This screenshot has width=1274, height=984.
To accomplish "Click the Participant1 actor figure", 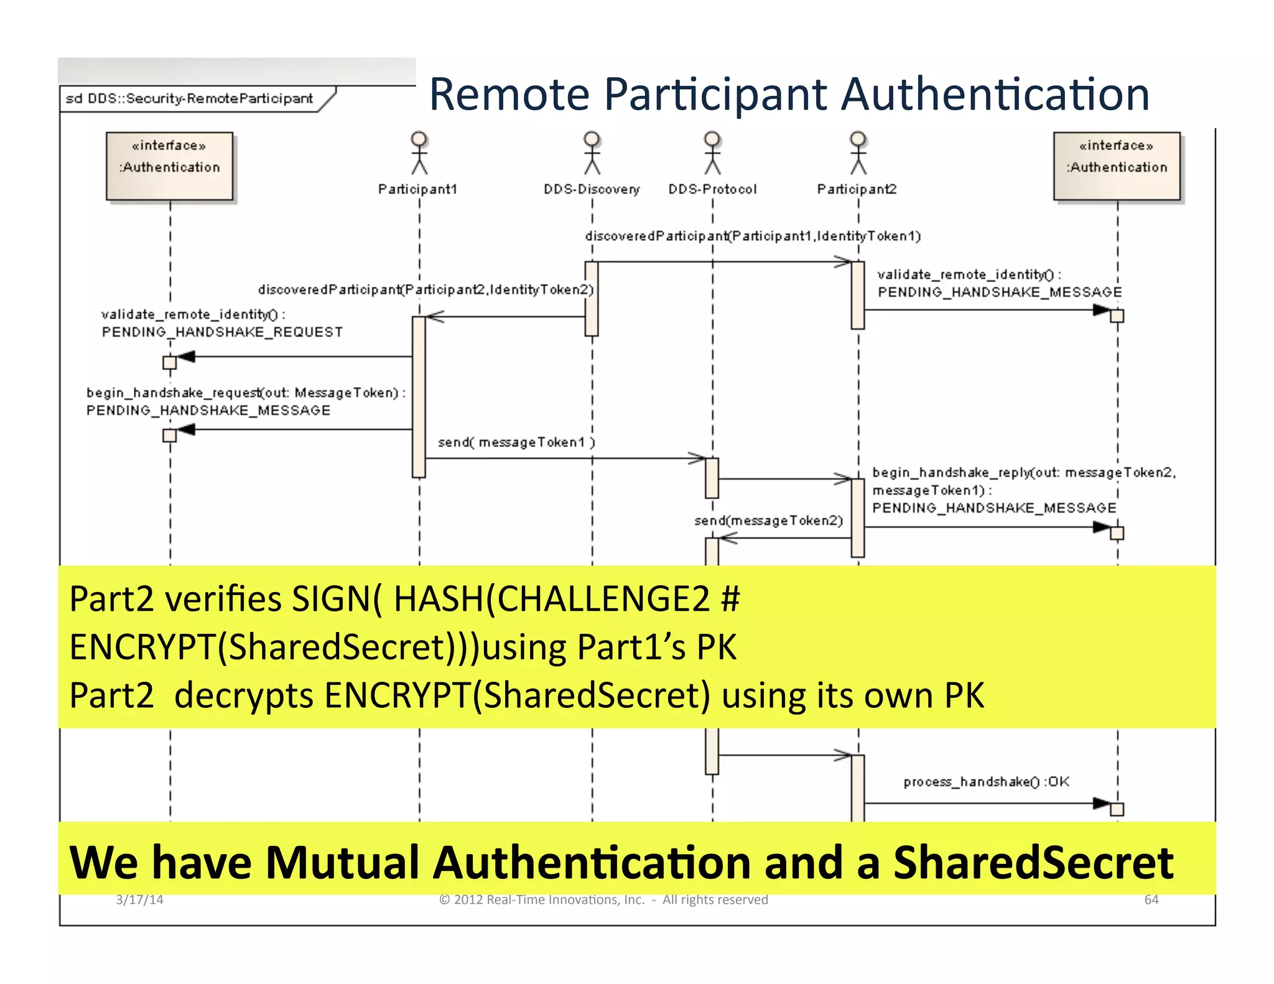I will [x=419, y=153].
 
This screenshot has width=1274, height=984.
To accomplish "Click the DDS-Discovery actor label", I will [x=591, y=189].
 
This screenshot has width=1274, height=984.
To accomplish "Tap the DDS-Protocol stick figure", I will [x=712, y=153].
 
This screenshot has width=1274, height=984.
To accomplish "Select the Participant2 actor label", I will [x=857, y=189].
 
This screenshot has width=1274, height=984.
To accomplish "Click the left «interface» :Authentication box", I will [x=170, y=166].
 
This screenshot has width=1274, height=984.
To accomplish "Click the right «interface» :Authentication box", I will [x=1117, y=166].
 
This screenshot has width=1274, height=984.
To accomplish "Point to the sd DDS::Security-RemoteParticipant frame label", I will [x=189, y=99].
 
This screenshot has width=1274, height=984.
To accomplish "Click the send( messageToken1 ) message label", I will [x=516, y=442].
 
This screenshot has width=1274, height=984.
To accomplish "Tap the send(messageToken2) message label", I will [x=768, y=521].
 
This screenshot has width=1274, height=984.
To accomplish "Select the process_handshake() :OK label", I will [x=986, y=782].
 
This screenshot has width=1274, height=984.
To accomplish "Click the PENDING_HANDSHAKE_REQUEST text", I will [x=222, y=332].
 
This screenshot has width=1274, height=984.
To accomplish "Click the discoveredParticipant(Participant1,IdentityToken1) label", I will [x=753, y=236].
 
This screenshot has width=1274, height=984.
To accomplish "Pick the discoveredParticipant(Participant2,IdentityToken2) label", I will [x=426, y=290].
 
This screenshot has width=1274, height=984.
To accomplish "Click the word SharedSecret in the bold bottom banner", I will [x=1033, y=863].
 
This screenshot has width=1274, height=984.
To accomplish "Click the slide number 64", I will [x=1151, y=900].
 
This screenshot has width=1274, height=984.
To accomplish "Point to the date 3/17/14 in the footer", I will [x=139, y=900].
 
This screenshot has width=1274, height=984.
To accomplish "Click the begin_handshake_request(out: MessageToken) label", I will [x=246, y=393].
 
